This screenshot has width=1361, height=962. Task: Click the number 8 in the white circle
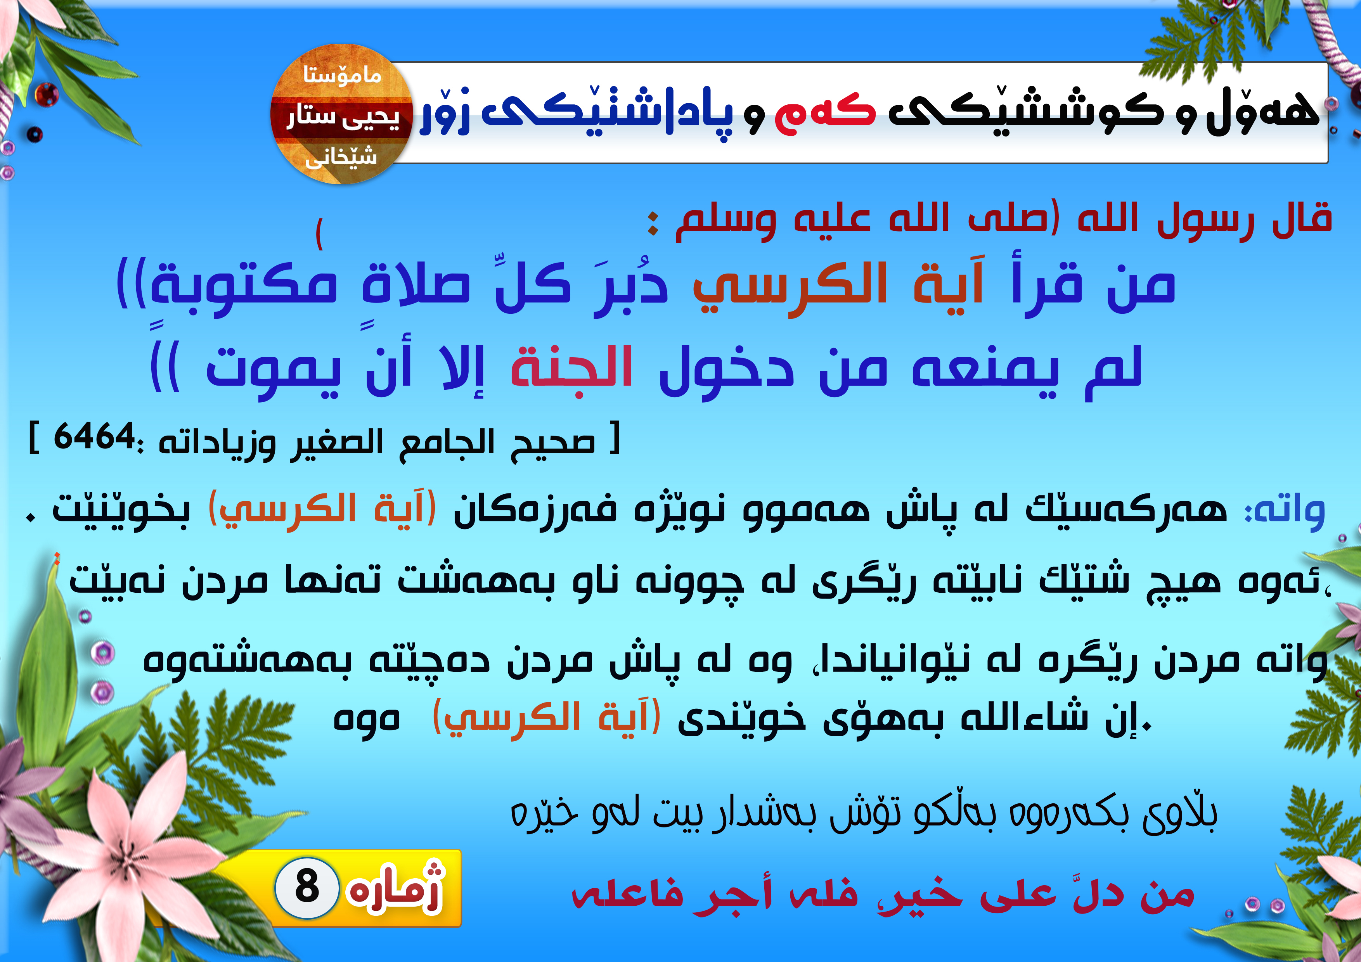[307, 887]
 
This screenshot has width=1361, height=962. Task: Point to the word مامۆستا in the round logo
[342, 75]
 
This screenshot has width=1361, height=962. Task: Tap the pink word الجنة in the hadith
[572, 366]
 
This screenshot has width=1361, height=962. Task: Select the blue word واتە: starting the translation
[1285, 511]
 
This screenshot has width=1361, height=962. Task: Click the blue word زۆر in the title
[445, 112]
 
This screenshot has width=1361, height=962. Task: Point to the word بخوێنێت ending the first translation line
[121, 511]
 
